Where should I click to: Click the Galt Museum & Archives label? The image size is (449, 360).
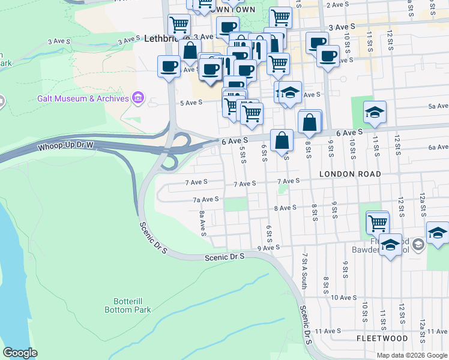tap(83, 98)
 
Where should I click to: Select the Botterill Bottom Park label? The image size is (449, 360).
tap(127, 305)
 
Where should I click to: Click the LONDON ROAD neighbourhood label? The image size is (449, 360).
tap(350, 174)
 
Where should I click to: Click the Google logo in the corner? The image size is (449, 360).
tap(20, 353)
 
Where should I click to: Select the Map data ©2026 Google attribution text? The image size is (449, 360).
tap(412, 355)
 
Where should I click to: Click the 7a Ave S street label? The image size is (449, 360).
tap(205, 200)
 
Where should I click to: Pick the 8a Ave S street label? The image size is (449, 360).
tap(203, 223)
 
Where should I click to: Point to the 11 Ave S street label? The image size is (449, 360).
tap(328, 331)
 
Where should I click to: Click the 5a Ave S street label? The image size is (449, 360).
tap(439, 106)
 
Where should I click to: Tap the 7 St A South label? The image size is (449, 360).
tap(305, 272)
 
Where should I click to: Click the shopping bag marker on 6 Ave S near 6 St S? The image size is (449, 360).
tap(282, 141)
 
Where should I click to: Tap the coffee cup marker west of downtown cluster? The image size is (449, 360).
tap(169, 67)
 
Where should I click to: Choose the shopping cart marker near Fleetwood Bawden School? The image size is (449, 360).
tap(378, 223)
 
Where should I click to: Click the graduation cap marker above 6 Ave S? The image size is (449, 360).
tap(375, 113)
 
